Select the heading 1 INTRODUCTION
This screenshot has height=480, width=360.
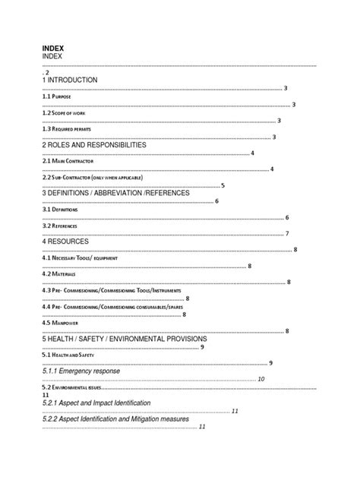pyautogui.click(x=70, y=79)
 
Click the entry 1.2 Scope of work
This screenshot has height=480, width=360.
pyautogui.click(x=64, y=112)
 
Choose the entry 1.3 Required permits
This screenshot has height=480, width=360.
pyautogui.click(x=67, y=128)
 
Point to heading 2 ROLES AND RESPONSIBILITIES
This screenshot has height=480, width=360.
pyautogui.click(x=93, y=144)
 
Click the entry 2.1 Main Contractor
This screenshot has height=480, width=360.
pyautogui.click(x=67, y=161)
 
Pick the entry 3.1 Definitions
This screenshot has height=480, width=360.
pyautogui.click(x=60, y=210)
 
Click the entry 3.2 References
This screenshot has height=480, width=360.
pyautogui.click(x=60, y=226)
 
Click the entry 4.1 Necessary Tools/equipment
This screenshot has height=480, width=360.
pyautogui.click(x=79, y=258)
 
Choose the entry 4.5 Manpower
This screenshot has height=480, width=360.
pyautogui.click(x=59, y=323)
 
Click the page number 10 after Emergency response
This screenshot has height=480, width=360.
pyautogui.click(x=261, y=379)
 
